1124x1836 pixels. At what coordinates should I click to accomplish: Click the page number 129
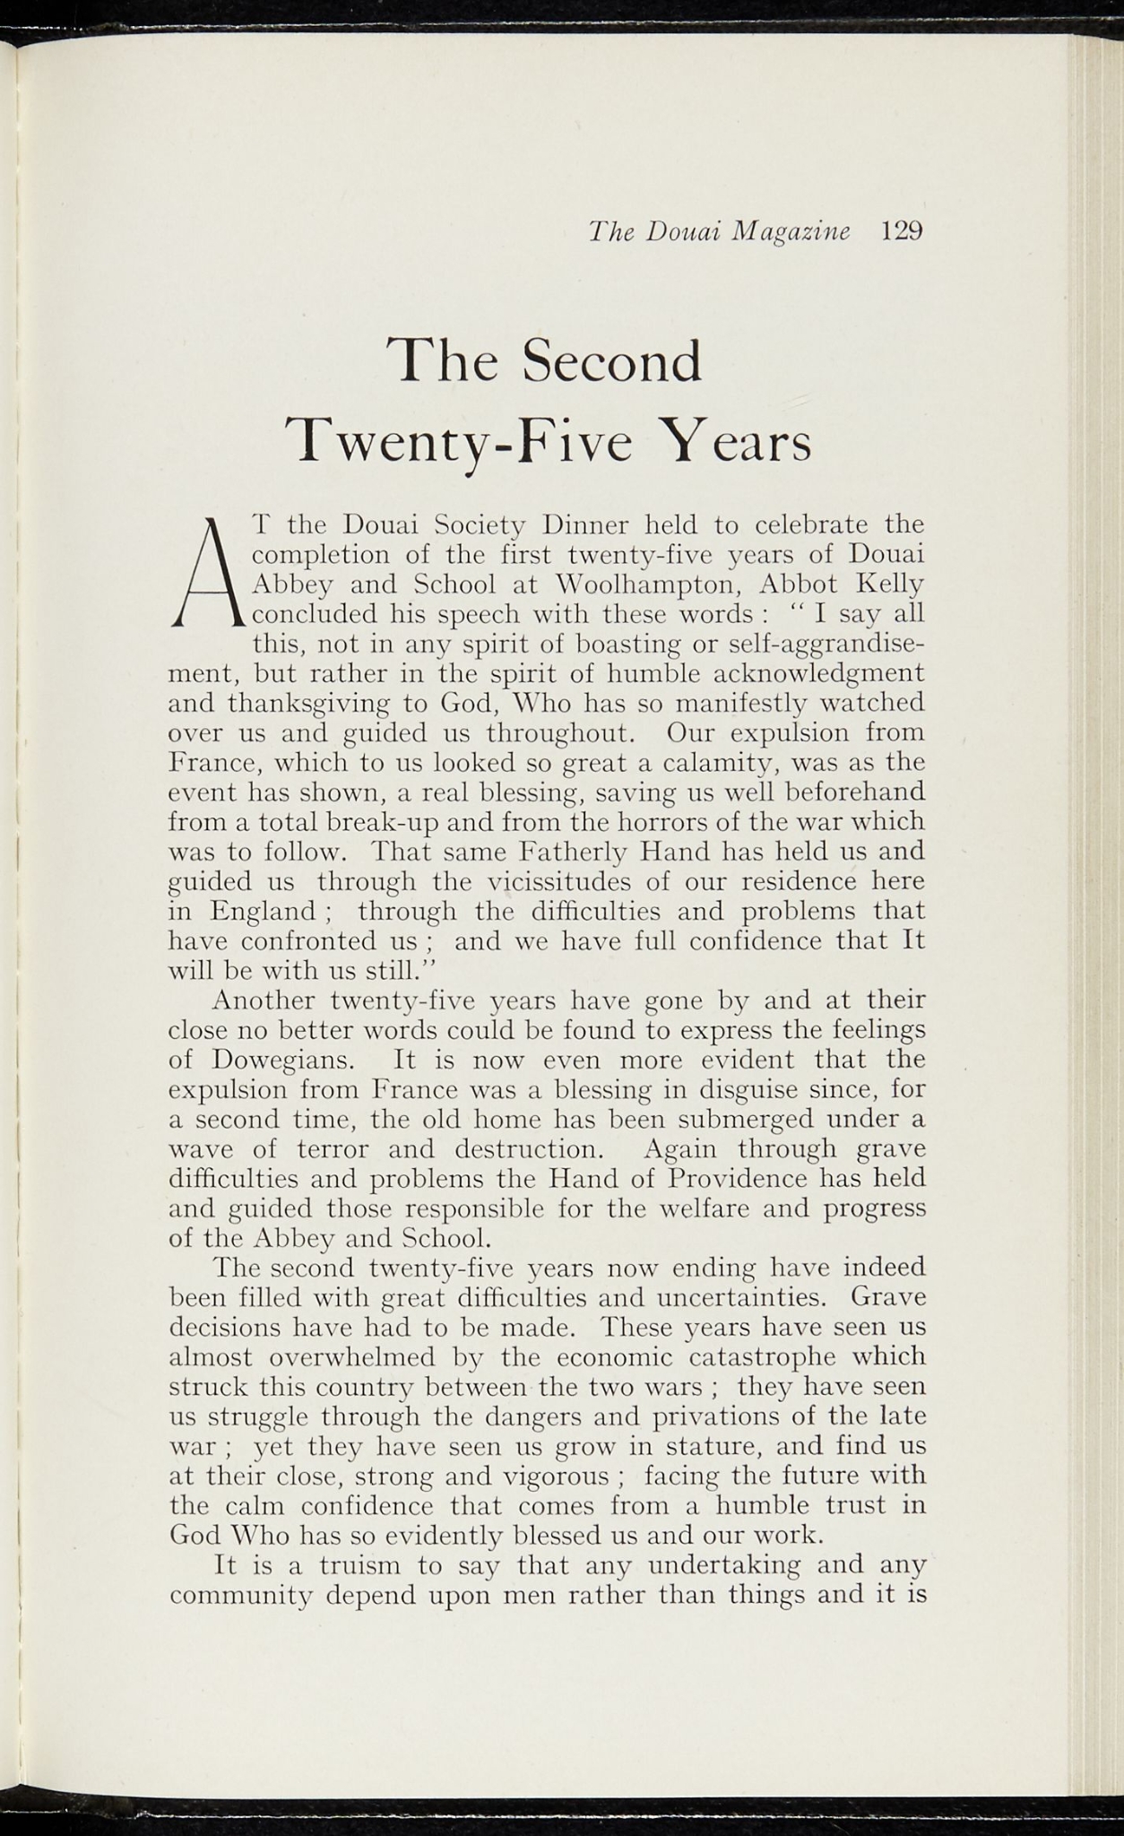(901, 231)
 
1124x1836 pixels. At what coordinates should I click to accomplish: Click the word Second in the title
(612, 361)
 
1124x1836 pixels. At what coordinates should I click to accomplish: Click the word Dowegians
(286, 1060)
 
